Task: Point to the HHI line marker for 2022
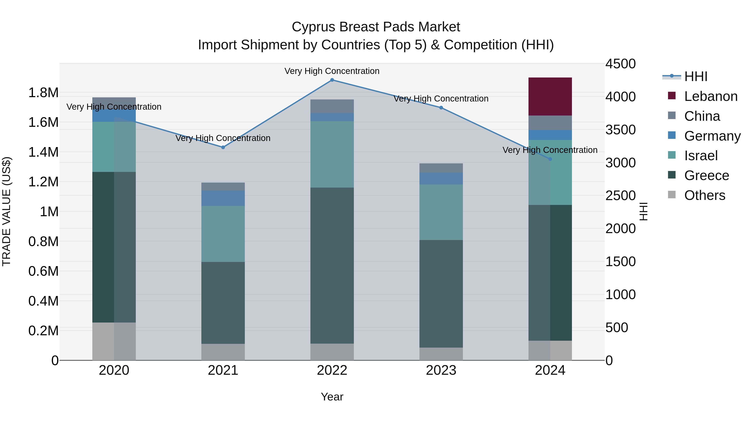(x=332, y=80)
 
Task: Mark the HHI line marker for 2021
(x=223, y=147)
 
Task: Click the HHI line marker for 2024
(x=550, y=159)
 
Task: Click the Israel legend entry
(x=701, y=156)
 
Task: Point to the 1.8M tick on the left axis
(x=43, y=93)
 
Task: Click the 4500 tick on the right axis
(x=620, y=64)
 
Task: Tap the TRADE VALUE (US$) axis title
(x=6, y=211)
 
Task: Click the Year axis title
(x=332, y=397)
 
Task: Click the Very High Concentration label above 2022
(x=332, y=71)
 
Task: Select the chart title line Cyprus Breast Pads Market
(x=376, y=27)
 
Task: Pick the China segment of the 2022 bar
(x=332, y=106)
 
